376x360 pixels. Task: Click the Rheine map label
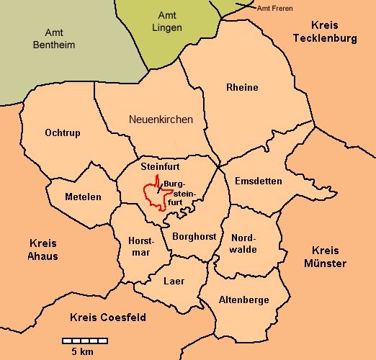click(x=242, y=88)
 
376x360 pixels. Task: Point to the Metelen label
click(x=83, y=197)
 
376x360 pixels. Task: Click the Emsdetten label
click(x=259, y=181)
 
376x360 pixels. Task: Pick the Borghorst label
click(x=194, y=235)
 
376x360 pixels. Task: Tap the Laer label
click(x=174, y=281)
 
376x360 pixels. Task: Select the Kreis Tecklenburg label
click(x=330, y=31)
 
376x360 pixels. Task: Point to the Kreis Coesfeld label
click(x=108, y=317)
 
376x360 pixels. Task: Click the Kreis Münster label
click(x=329, y=257)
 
